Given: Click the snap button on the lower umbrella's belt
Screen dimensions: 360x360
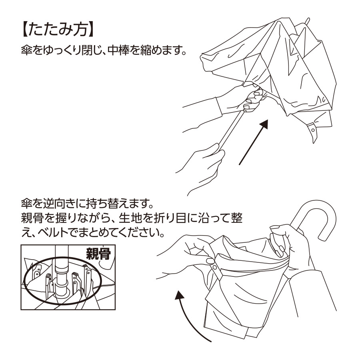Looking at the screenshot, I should [x=215, y=267].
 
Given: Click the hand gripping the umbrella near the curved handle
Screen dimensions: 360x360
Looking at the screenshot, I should [x=286, y=240].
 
